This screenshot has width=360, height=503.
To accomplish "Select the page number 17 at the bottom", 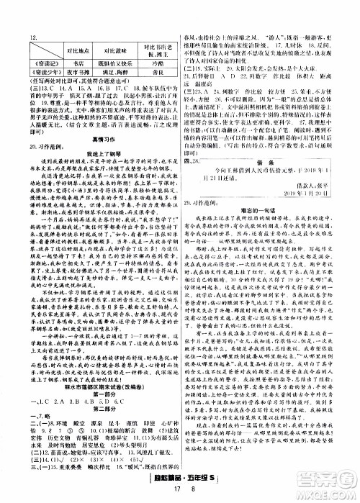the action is tap(157, 492).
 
